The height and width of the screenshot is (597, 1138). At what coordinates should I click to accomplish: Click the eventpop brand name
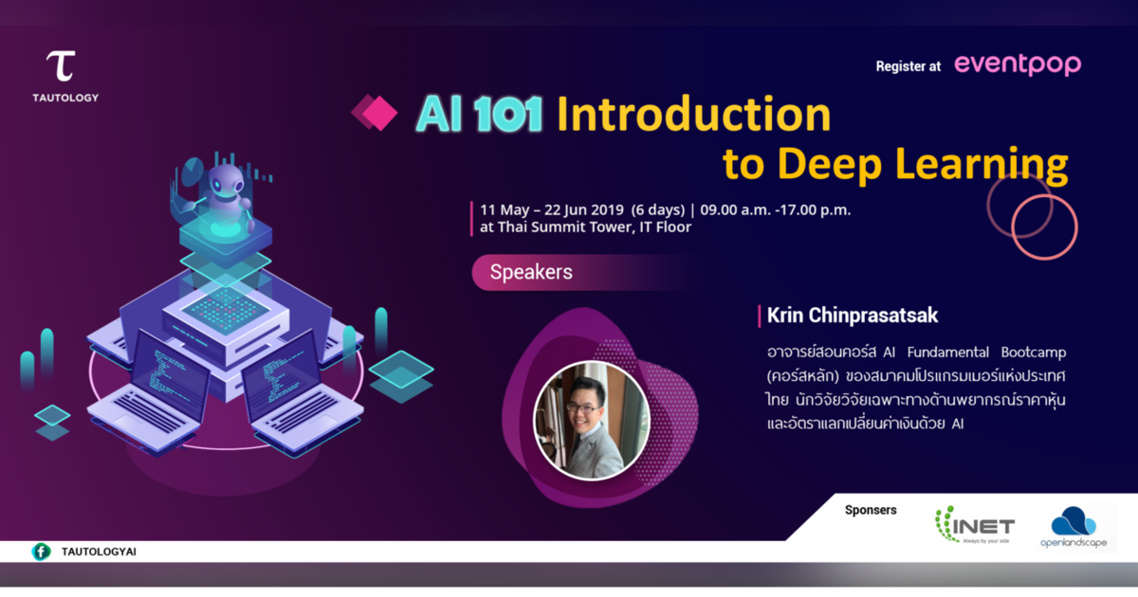click(1017, 64)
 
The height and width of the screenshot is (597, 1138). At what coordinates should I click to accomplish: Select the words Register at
click(909, 66)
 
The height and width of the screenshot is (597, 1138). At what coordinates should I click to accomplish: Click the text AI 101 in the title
click(479, 115)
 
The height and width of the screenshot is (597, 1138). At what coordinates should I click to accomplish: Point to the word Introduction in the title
click(693, 115)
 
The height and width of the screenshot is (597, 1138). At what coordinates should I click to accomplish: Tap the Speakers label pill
click(531, 273)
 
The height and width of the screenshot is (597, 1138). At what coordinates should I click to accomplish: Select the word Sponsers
click(870, 510)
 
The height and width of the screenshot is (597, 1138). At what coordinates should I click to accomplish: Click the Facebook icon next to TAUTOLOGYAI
click(41, 552)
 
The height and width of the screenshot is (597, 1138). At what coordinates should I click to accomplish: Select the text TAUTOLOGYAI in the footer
click(99, 552)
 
